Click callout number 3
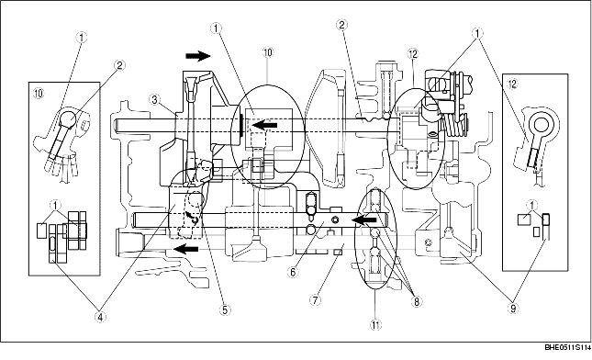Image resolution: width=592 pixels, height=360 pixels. click(x=156, y=99)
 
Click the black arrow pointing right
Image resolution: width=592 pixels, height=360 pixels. click(x=196, y=56)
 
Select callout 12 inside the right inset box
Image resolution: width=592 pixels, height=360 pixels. click(x=514, y=84)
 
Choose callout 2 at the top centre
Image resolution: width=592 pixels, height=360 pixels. click(x=341, y=25)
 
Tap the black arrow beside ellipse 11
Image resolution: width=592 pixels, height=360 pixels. click(x=365, y=220)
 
